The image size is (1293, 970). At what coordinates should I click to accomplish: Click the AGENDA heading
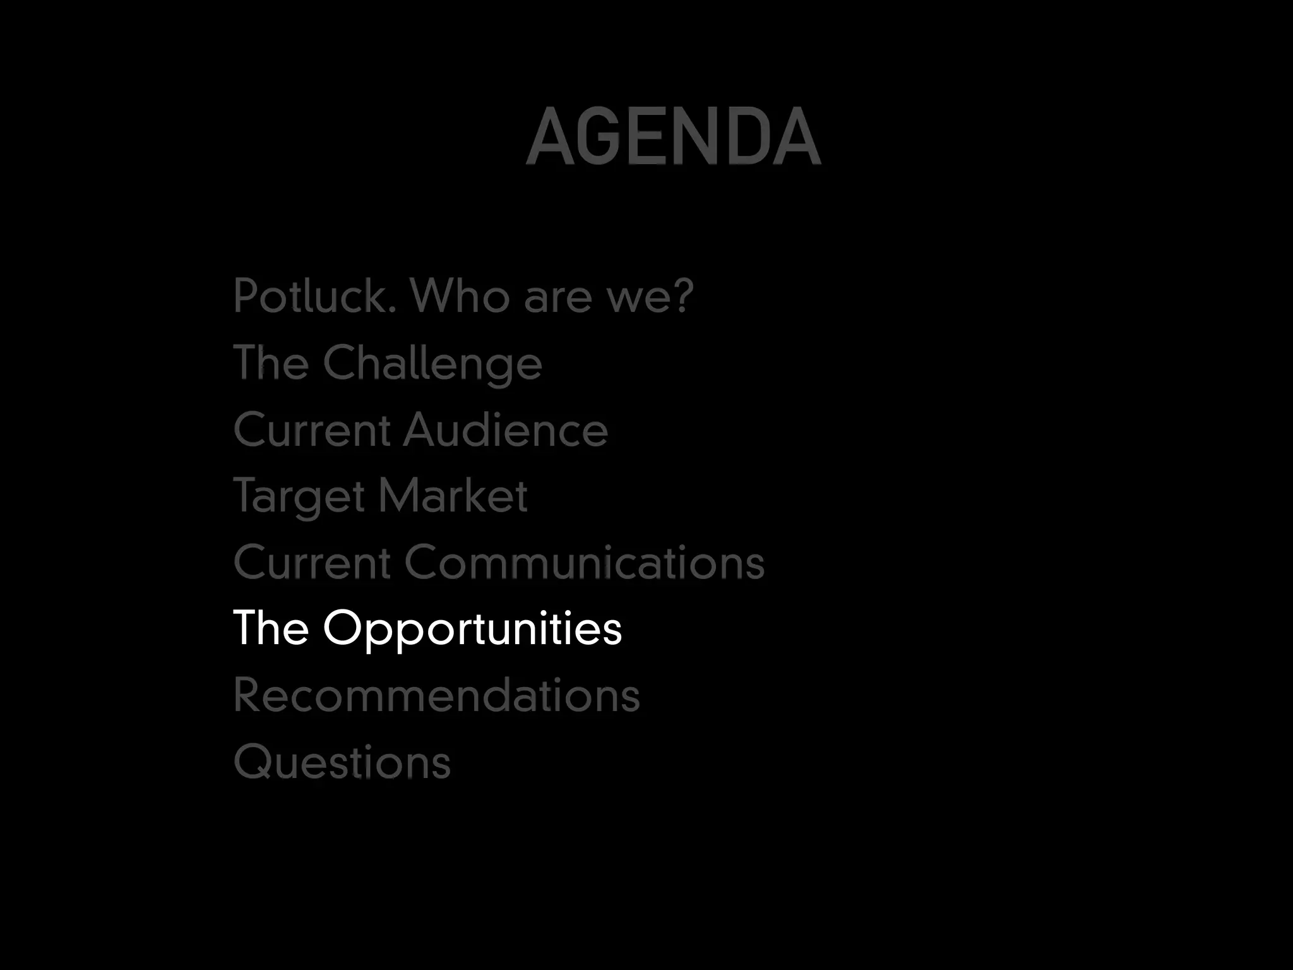pyautogui.click(x=673, y=136)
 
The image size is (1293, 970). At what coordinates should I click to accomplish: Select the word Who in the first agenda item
pyautogui.click(x=460, y=296)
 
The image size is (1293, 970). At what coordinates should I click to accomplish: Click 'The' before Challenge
pyautogui.click(x=271, y=362)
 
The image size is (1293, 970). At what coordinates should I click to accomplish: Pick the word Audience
pyautogui.click(x=505, y=430)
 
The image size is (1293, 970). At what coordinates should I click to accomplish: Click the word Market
pyautogui.click(x=453, y=496)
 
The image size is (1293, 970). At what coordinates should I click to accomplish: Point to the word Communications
pyautogui.click(x=584, y=563)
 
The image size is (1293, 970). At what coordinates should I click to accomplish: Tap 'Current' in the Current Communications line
pyautogui.click(x=312, y=563)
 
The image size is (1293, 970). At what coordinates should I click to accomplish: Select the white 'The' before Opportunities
pyautogui.click(x=271, y=628)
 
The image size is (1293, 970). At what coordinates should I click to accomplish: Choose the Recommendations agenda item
pyautogui.click(x=436, y=695)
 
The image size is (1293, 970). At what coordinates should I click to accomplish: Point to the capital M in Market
pyautogui.click(x=402, y=496)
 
